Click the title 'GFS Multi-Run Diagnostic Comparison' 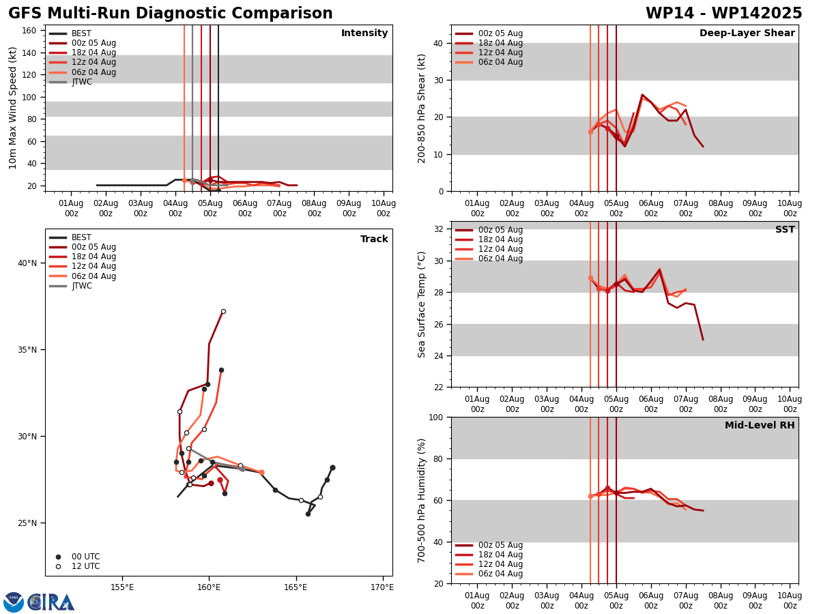170,14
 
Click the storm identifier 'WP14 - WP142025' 723,14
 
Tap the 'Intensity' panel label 364,33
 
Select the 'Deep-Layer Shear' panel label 747,33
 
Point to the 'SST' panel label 785,230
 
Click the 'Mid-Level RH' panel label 760,426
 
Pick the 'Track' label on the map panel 374,239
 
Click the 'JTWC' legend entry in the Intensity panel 81,82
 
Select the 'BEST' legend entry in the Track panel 81,237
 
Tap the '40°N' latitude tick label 27,263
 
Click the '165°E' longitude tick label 296,587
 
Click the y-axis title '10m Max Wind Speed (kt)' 14,108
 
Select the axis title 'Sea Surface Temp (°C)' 422,304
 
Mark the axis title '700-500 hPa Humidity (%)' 422,500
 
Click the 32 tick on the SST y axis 440,229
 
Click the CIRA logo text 51,602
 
